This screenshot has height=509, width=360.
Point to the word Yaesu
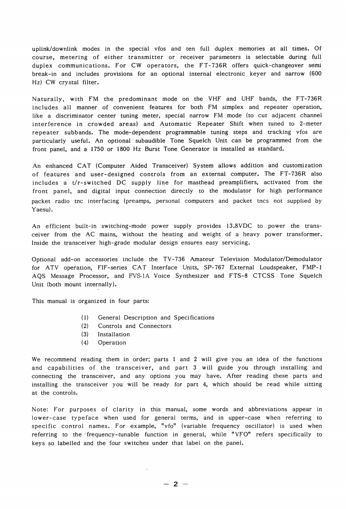[42, 209]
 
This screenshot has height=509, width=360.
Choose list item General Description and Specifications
[156, 318]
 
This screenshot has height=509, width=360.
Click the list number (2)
[84, 326]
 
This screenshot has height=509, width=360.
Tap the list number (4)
[84, 343]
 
